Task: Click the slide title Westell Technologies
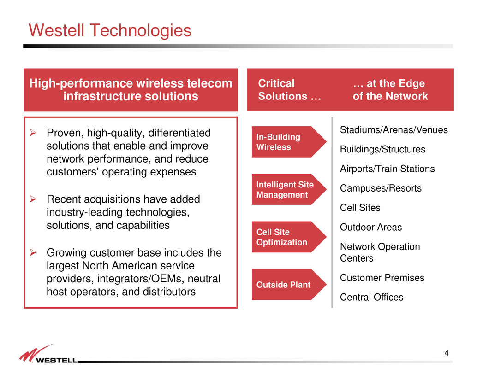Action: click(x=110, y=30)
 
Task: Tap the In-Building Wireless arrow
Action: click(x=289, y=142)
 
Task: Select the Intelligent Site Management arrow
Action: click(x=289, y=189)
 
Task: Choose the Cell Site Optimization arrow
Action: click(x=289, y=237)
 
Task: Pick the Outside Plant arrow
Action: click(x=289, y=285)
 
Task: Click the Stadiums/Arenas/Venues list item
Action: click(x=394, y=130)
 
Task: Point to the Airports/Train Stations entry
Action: click(x=387, y=169)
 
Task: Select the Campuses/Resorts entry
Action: click(x=381, y=188)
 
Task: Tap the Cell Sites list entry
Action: click(x=360, y=208)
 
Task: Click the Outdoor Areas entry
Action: click(x=371, y=227)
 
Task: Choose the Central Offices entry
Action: click(x=371, y=297)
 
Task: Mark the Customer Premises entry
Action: click(x=382, y=278)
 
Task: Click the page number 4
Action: click(x=447, y=353)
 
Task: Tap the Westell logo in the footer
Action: click(x=49, y=354)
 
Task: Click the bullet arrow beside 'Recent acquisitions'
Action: click(x=33, y=199)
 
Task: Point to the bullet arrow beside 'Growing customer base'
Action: click(x=33, y=252)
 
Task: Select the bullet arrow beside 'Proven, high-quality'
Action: click(x=33, y=133)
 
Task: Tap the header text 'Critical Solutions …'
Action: click(x=289, y=89)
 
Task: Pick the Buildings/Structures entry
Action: click(x=383, y=149)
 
